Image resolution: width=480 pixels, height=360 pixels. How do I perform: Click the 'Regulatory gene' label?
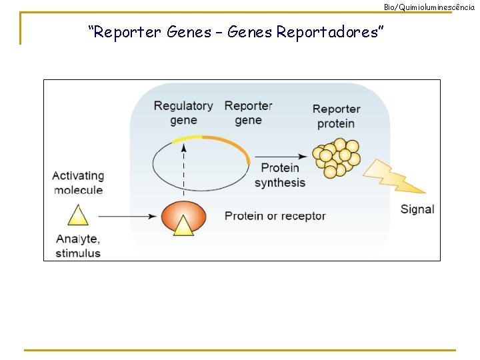pos(183,113)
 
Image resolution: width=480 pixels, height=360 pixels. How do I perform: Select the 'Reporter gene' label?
pos(248,113)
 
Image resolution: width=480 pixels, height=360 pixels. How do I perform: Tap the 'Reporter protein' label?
pos(336,116)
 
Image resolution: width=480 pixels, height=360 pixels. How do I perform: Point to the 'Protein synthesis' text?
pos(280,175)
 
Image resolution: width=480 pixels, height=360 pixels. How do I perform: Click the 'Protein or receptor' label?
pos(275,216)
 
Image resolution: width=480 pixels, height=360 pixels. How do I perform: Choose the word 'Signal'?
pos(417,209)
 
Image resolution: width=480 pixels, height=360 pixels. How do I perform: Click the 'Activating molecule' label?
pos(78,183)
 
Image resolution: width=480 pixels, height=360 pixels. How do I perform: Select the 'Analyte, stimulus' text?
pos(78,246)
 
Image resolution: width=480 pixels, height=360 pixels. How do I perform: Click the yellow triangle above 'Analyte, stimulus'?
pos(78,216)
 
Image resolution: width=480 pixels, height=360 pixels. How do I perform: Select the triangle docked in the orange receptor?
pos(183,226)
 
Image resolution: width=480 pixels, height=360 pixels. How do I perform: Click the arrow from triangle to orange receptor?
pos(127,216)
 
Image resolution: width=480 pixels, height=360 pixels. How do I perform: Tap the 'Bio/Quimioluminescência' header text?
pos(429,7)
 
